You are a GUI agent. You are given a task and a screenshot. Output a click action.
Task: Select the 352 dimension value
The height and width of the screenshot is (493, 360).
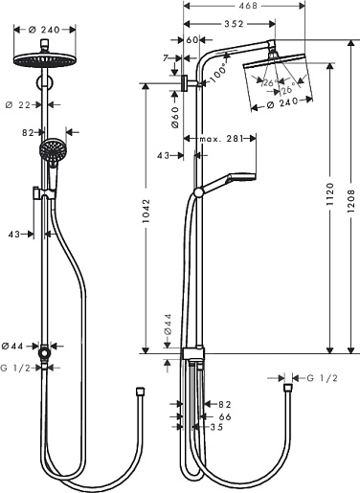[234, 24]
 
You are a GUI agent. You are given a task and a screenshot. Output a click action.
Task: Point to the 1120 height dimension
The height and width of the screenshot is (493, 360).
[330, 193]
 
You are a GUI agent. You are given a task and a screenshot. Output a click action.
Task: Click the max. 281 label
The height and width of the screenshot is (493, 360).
[221, 139]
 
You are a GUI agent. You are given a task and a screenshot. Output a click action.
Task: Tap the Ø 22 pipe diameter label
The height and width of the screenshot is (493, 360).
[18, 104]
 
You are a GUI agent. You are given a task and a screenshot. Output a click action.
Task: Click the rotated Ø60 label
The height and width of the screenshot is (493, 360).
[175, 118]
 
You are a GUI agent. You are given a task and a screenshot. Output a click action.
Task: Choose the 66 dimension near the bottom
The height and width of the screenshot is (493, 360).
[225, 416]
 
